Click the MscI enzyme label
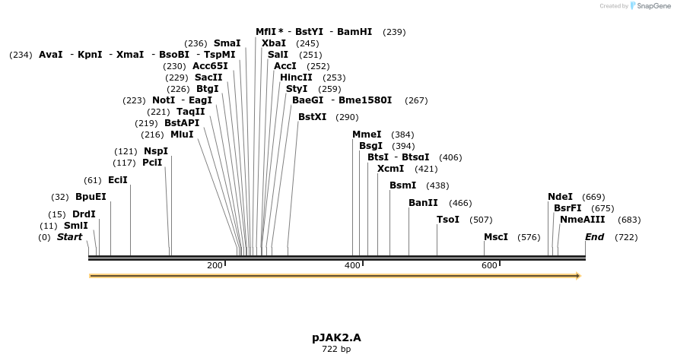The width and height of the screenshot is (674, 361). (x=496, y=237)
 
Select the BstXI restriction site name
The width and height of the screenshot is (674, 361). (x=312, y=117)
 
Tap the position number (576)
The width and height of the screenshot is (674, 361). (x=529, y=237)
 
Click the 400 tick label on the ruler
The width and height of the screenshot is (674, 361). (x=352, y=265)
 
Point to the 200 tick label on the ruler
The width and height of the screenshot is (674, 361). (x=215, y=265)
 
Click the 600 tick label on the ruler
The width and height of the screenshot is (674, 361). (x=489, y=265)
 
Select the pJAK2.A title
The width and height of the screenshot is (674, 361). (x=336, y=338)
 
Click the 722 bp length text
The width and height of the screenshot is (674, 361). (x=336, y=349)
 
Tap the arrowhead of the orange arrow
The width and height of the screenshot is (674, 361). (x=578, y=276)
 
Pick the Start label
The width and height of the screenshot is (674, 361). (x=69, y=237)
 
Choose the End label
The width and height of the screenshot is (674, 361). (x=594, y=237)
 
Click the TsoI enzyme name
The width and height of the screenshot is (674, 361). (x=448, y=220)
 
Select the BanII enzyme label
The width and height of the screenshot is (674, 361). (x=423, y=203)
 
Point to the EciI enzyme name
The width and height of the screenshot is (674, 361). (x=118, y=180)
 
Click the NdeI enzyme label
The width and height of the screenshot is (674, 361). (x=560, y=197)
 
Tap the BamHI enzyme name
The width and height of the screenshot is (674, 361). (x=354, y=32)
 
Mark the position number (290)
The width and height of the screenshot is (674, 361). (x=347, y=117)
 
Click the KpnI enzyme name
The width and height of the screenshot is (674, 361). (x=90, y=55)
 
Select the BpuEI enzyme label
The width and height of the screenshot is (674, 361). (x=91, y=197)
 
